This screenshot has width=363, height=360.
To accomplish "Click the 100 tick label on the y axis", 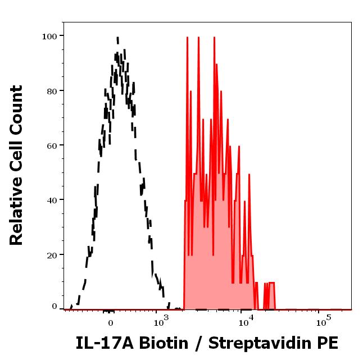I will (x=50, y=36).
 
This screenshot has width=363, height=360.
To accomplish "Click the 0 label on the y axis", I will (x=55, y=307).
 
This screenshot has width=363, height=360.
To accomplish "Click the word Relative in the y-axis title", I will (x=17, y=216).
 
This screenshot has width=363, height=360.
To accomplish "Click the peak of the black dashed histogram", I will (x=117, y=38).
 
